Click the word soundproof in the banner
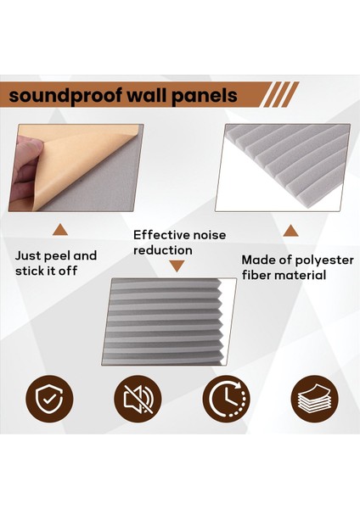pos(65,96)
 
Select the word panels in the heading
pos(204,96)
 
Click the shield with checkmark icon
pos(49,399)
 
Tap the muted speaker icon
pos(138,399)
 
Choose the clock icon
pos(226,399)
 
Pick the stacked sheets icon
pos(314,399)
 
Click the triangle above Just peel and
pos(60,230)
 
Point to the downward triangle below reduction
pos(177,266)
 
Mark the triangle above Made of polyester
pos(290,231)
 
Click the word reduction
pos(163,250)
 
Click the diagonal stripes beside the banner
pos(280,94)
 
